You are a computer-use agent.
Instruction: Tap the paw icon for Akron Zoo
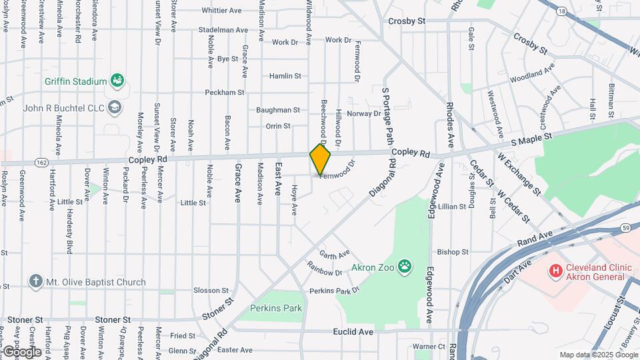pos(405,267)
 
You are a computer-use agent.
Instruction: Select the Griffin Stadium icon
pos(118,81)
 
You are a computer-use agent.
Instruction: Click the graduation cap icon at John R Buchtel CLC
pos(115,107)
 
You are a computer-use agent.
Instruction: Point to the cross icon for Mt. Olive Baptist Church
pos(35,282)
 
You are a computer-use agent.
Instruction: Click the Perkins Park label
pos(276,308)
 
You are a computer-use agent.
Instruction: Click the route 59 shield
pos(625,228)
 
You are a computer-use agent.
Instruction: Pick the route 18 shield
pos(563,11)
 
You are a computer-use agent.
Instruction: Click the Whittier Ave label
pos(221,11)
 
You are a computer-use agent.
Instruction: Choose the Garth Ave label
pos(335,254)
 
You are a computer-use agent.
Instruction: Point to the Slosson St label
pos(211,290)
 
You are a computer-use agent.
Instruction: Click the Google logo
pos(21,351)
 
